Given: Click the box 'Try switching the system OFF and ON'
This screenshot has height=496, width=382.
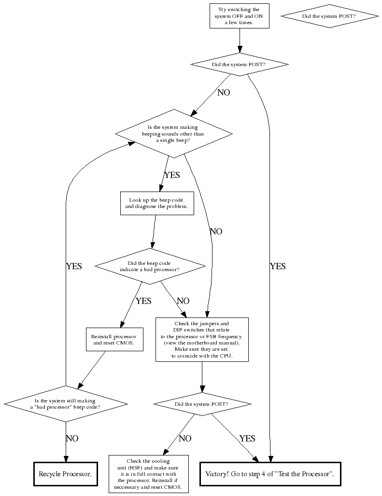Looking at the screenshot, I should (239, 16).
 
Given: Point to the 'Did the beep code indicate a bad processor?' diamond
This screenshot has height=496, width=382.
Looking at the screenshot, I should (150, 266).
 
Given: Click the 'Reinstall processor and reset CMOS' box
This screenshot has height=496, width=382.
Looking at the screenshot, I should (114, 339).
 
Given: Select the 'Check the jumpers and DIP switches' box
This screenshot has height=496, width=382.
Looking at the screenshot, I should (201, 339).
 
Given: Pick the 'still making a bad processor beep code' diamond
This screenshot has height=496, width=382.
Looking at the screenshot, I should (66, 403).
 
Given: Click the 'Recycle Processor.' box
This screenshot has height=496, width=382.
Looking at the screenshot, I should (65, 474).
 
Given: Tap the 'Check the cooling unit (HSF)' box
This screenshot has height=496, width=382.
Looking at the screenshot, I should (148, 474).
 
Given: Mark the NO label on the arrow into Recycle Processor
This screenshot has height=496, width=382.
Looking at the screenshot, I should (72, 439).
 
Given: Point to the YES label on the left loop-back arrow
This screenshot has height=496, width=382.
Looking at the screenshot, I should (74, 266).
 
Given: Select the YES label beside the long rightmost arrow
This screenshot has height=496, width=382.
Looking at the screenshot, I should (278, 266).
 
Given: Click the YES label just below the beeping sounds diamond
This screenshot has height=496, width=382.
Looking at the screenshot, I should (172, 175).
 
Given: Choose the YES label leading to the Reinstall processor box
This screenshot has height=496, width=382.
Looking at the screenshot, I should (143, 301).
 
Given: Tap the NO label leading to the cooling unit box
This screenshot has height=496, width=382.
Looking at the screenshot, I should (185, 439).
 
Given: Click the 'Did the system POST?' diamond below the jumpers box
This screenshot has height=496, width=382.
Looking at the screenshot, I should (202, 404).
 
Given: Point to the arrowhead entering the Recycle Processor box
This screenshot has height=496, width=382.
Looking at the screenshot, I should (66, 459).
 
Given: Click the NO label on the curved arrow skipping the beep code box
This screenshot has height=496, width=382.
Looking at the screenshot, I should (216, 232).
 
